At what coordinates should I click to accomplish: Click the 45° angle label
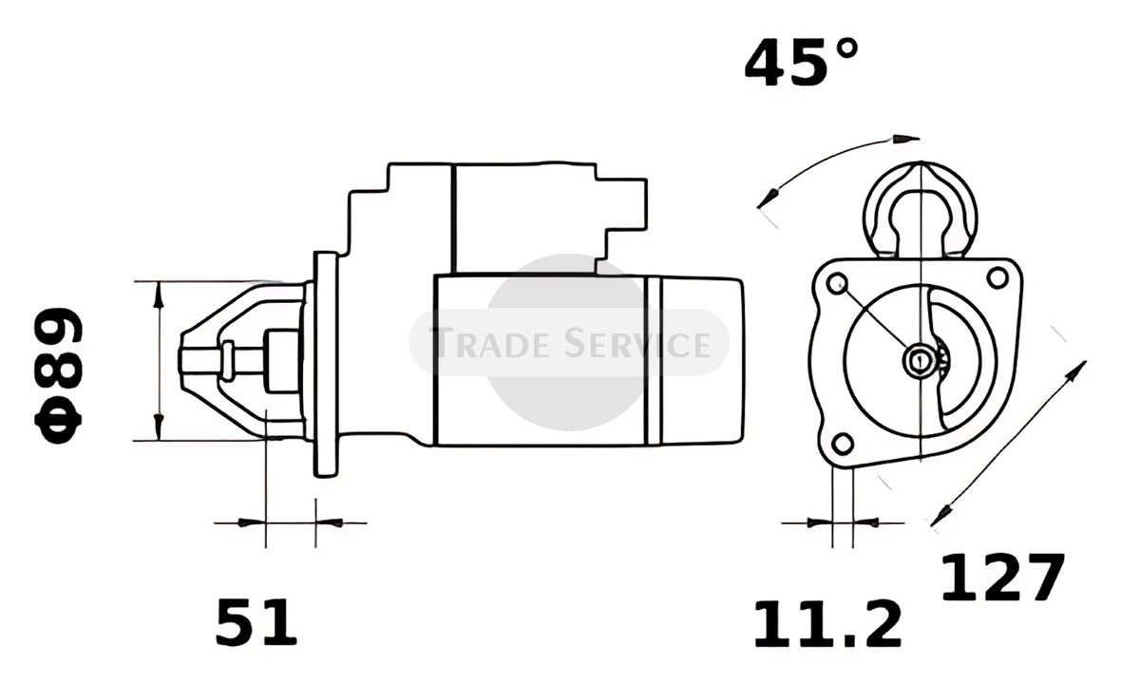tap(801, 62)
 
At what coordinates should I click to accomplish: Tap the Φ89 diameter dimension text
tap(58, 375)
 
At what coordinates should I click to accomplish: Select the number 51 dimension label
tap(256, 622)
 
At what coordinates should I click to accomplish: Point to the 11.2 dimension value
tap(827, 624)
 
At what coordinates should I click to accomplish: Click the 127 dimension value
tap(1002, 578)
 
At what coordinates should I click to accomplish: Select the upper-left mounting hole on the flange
tap(837, 283)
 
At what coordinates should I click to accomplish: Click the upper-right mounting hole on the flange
tap(997, 278)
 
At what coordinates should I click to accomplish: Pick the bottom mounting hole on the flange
tap(843, 444)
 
